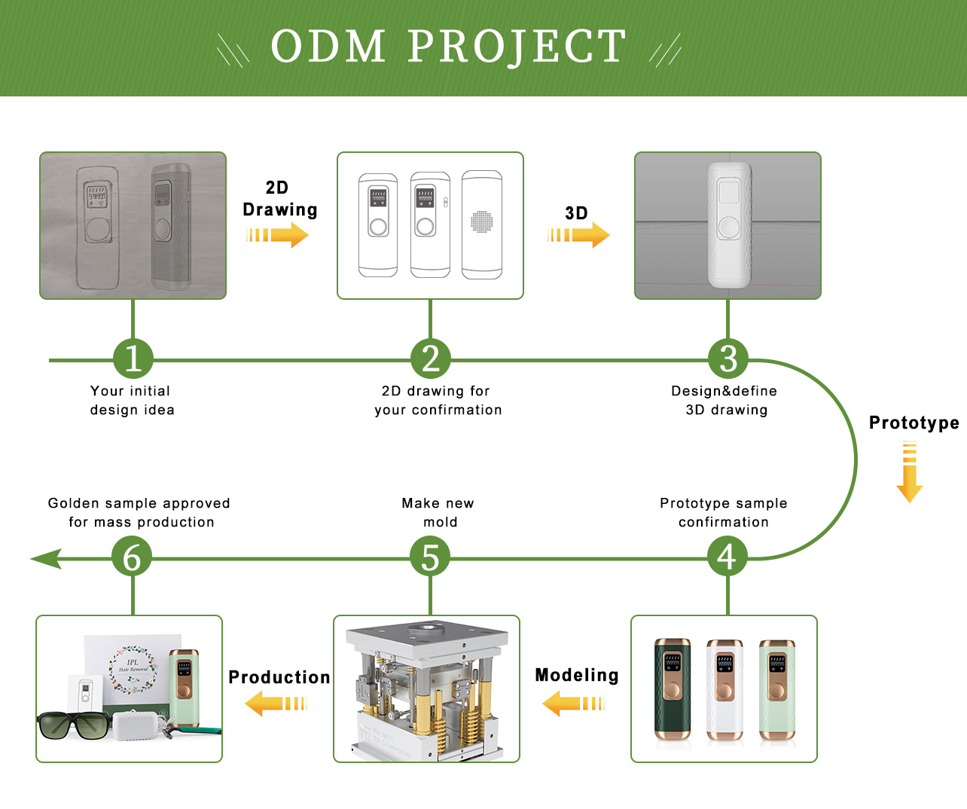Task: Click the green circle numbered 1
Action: [133, 359]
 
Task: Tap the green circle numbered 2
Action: [431, 359]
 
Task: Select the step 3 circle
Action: [728, 359]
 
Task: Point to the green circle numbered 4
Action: [728, 557]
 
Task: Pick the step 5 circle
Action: [430, 557]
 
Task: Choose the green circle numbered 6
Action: [132, 557]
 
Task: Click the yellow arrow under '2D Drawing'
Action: [277, 235]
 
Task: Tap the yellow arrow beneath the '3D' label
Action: [578, 235]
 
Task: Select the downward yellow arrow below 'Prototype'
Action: [910, 472]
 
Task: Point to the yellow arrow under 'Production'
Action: [276, 704]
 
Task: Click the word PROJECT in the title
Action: [517, 47]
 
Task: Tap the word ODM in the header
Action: [328, 47]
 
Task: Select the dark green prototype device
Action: [673, 688]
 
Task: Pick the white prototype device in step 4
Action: [724, 688]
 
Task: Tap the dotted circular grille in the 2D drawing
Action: [482, 221]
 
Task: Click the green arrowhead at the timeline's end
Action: [45, 559]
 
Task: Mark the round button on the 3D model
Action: [728, 227]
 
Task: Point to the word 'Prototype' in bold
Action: [914, 423]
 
